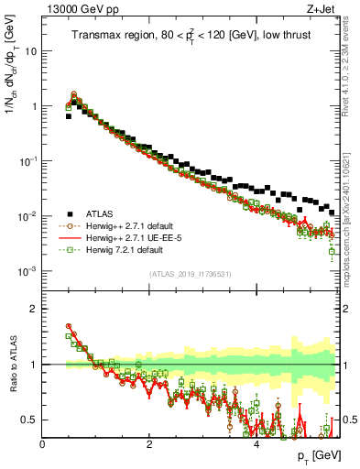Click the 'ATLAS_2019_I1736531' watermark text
click(191, 274)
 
